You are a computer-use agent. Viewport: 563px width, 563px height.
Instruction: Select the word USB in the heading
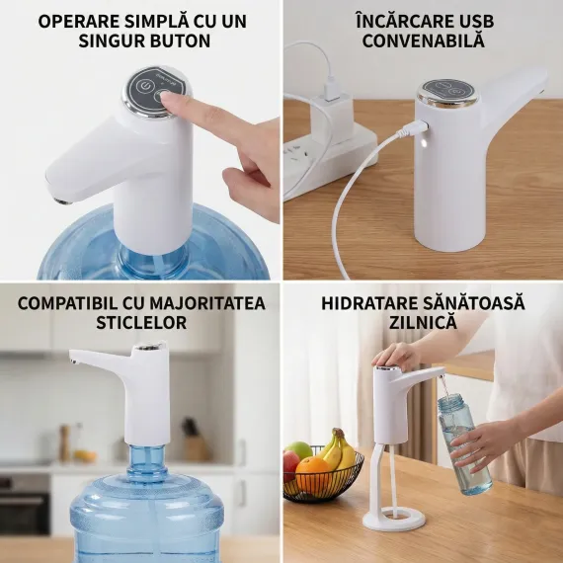point(476,22)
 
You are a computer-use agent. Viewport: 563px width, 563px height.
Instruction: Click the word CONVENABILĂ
point(424,40)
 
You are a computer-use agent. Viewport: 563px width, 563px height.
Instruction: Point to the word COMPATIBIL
point(67,303)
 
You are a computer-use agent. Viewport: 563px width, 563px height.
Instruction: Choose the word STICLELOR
point(141,322)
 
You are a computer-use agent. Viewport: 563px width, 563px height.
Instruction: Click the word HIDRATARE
point(368,303)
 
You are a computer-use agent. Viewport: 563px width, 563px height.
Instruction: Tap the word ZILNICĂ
point(423,322)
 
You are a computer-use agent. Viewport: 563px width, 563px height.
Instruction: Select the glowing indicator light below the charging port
point(424,143)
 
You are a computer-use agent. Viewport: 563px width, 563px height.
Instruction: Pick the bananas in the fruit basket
point(339,448)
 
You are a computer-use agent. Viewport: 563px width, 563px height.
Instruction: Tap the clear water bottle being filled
point(463,444)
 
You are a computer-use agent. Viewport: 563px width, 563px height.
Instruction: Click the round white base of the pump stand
point(393,518)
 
